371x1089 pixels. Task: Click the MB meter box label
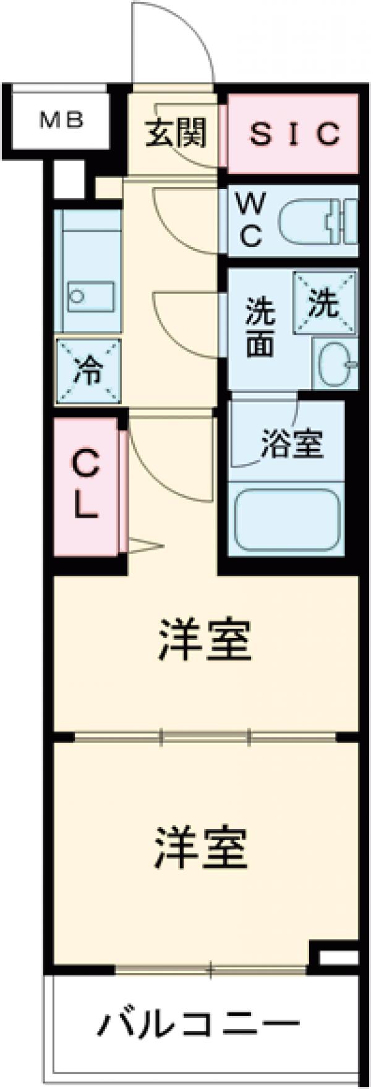click(62, 120)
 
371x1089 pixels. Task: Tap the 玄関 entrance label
click(176, 132)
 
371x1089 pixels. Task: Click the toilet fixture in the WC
click(318, 221)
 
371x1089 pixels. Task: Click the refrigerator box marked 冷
click(88, 371)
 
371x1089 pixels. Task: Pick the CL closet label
click(86, 486)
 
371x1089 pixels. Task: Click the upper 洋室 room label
click(205, 643)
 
